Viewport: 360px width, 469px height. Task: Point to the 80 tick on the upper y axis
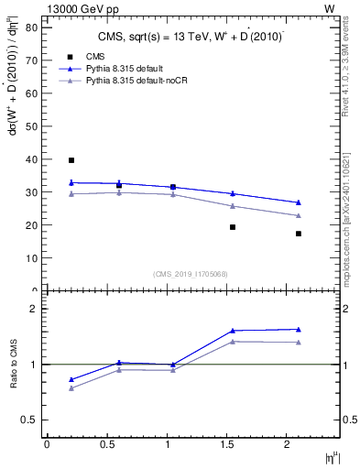tap(30, 27)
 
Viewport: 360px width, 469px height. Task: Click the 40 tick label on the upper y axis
tap(30, 159)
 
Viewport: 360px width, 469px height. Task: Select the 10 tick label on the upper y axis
tap(30, 258)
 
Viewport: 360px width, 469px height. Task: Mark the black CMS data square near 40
tap(71, 160)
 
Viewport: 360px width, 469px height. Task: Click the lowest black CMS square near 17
tap(299, 234)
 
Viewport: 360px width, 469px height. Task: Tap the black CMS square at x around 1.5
tap(233, 227)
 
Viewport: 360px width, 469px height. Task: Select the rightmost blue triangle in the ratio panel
tap(299, 329)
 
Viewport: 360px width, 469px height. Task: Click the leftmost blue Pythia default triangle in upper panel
tap(71, 182)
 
